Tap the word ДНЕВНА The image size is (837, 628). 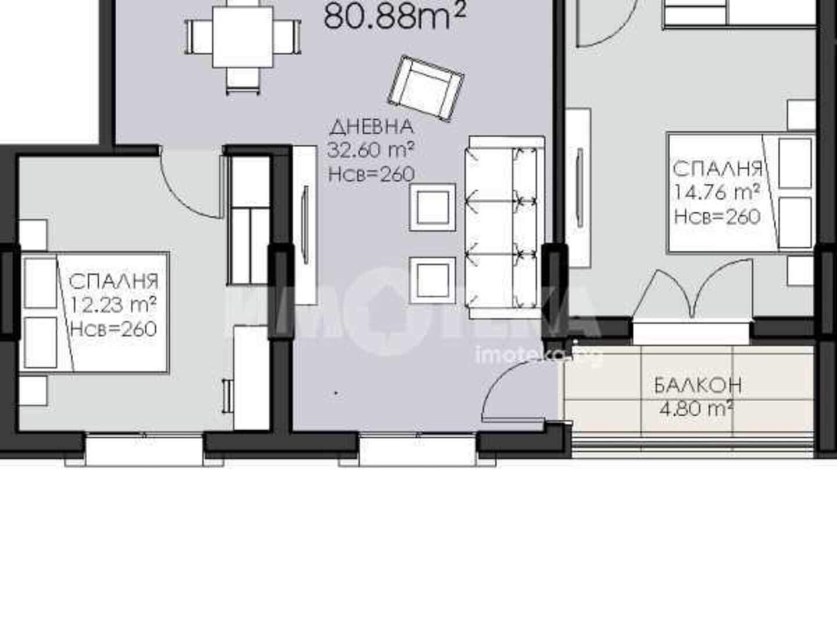click(x=371, y=127)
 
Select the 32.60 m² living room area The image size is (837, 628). click(x=371, y=150)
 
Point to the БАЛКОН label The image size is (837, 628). click(x=698, y=385)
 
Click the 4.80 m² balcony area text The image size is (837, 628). click(x=697, y=409)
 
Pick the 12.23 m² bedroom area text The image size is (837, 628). click(x=113, y=305)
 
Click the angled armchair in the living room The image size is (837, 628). click(x=426, y=88)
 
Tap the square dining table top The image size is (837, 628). click(x=243, y=37)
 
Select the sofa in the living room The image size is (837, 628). click(x=505, y=227)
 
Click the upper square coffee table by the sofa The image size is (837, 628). click(x=433, y=208)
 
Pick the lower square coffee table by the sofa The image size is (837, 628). click(x=433, y=280)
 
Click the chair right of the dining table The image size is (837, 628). click(x=288, y=37)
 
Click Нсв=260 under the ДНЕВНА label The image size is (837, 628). click(x=371, y=174)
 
